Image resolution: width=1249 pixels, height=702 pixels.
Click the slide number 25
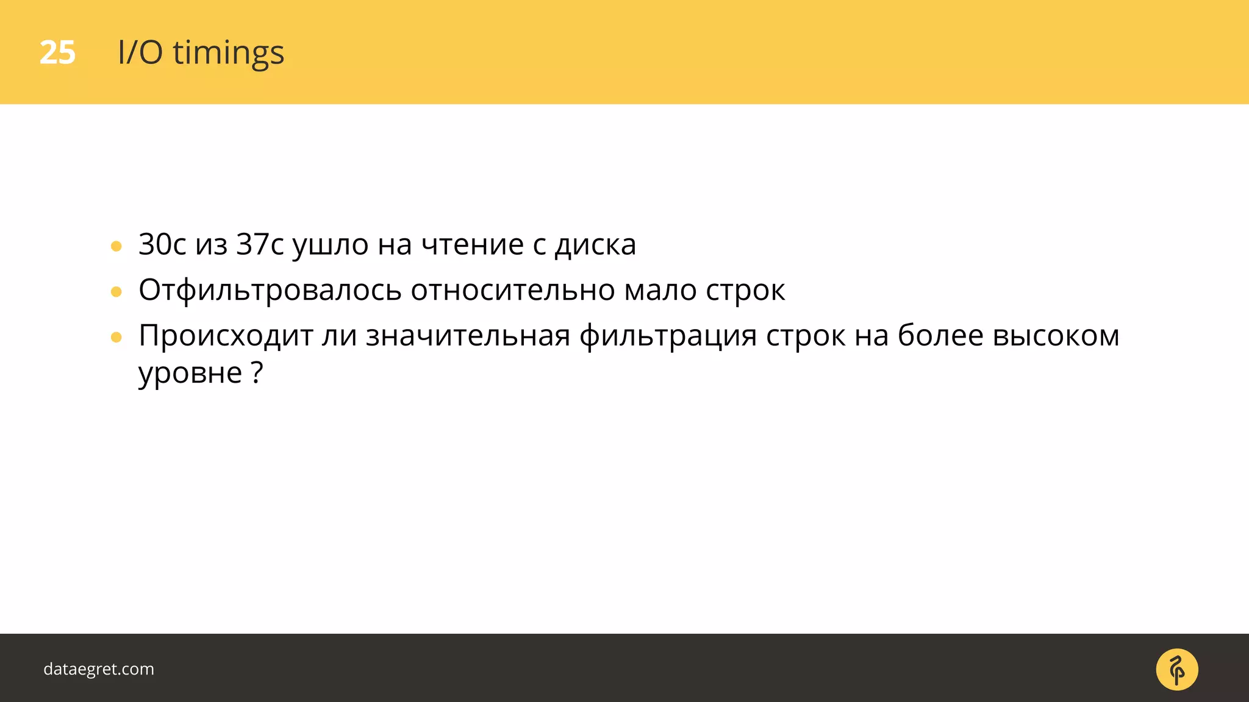[x=57, y=53]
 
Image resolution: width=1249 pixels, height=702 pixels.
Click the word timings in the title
[x=228, y=53]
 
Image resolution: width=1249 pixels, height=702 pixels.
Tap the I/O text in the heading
[x=140, y=53]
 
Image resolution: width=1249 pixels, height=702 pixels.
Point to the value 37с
[x=260, y=245]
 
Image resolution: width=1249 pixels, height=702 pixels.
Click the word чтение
[x=473, y=245]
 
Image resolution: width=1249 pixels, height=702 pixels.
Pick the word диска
[x=595, y=245]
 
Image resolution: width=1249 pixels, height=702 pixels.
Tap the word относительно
[x=512, y=291]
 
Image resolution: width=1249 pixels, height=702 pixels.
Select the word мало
[x=660, y=291]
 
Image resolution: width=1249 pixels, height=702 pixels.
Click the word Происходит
[x=226, y=336]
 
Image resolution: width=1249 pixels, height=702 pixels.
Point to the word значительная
[x=468, y=336]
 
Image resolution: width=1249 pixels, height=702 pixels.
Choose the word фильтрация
[x=668, y=336]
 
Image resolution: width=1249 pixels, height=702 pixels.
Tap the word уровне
[x=190, y=373]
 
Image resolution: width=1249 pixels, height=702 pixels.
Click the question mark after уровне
[x=257, y=372]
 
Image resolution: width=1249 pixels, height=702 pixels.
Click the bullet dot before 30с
[x=116, y=247]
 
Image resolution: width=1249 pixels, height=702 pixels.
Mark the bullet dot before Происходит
[x=116, y=338]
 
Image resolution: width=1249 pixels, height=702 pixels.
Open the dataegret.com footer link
[x=99, y=669]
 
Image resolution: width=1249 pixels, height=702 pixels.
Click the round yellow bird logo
[x=1176, y=669]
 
